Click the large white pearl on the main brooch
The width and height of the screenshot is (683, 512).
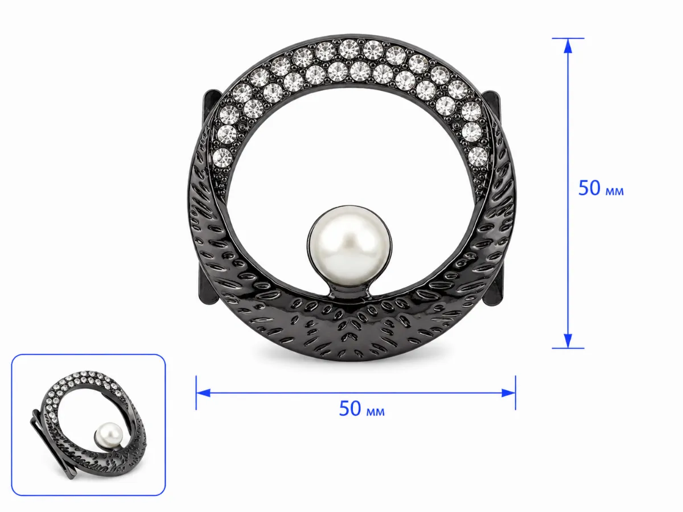coord(349,246)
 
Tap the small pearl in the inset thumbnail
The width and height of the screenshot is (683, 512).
coord(109,435)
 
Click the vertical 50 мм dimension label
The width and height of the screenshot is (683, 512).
coord(601,188)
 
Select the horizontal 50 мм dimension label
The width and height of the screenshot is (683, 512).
coord(361,408)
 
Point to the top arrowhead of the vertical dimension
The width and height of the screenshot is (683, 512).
coord(568,46)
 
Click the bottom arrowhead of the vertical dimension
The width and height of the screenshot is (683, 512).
coord(568,340)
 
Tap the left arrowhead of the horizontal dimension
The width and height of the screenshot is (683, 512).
coord(204,393)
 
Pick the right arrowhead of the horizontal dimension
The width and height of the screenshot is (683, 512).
coord(508,393)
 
